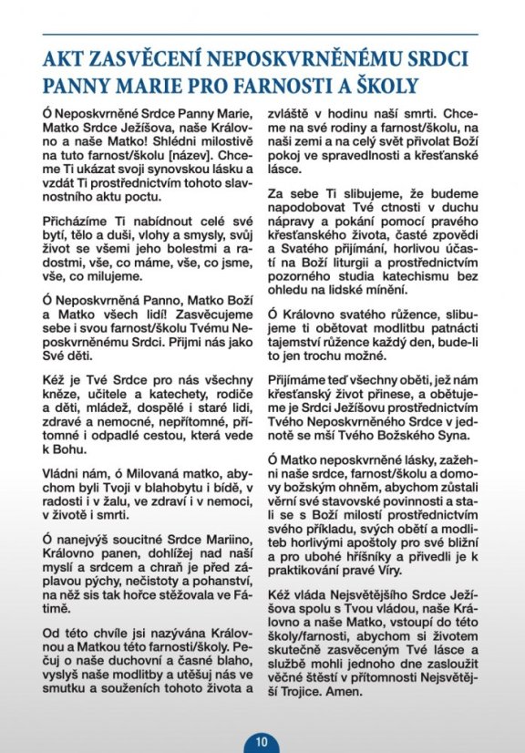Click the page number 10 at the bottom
coord(262,741)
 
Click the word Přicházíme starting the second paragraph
coord(75,222)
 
